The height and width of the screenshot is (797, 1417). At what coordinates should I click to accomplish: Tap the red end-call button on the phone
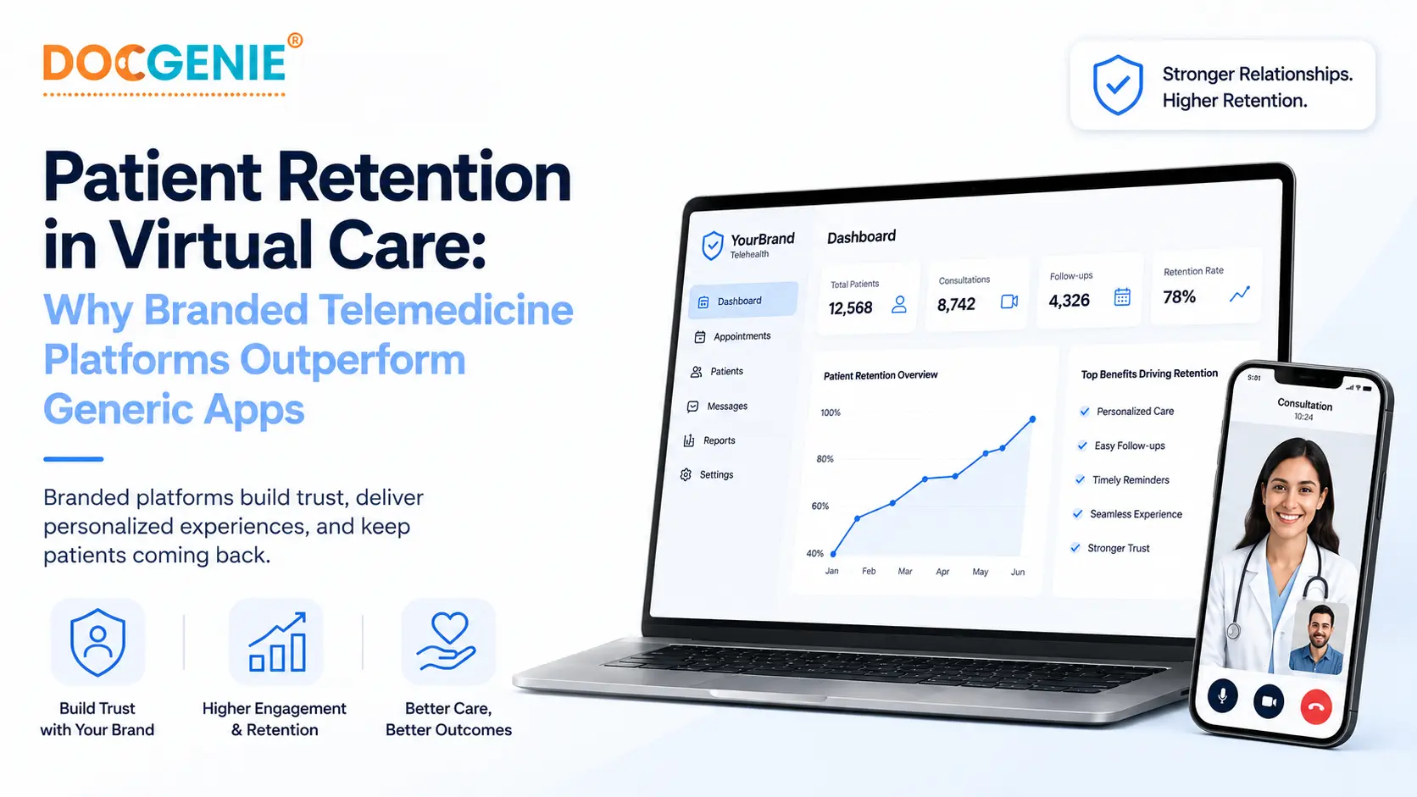pos(1316,706)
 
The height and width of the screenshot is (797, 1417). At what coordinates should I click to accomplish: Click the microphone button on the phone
pos(1222,696)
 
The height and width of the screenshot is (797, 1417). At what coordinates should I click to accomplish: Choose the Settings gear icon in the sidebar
pos(686,474)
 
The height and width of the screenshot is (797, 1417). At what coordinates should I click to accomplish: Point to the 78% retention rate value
pos(1179,296)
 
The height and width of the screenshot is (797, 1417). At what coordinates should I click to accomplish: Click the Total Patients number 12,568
pos(850,307)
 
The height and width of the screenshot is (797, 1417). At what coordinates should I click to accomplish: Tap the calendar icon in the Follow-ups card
pos(1122,296)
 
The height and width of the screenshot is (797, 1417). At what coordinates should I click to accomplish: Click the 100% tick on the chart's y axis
pos(831,412)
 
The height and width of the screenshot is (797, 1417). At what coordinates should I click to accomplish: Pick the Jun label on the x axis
pos(1018,572)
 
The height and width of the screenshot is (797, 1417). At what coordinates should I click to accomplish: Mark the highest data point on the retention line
pos(1032,419)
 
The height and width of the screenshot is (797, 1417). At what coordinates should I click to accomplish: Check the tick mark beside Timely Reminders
pos(1080,479)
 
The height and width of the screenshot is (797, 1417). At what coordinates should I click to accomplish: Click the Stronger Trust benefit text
pos(1119,548)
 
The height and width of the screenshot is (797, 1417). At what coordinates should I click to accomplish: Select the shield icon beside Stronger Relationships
pos(1118,85)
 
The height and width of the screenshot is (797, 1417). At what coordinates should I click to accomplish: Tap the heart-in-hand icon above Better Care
pos(447,641)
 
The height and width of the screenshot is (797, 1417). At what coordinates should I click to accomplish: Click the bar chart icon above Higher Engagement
pos(277,642)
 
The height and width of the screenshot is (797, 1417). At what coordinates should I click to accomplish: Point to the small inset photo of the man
pos(1319,638)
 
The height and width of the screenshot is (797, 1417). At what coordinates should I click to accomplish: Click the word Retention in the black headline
pos(424,177)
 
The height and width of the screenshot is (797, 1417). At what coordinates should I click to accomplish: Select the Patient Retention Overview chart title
pos(881,375)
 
